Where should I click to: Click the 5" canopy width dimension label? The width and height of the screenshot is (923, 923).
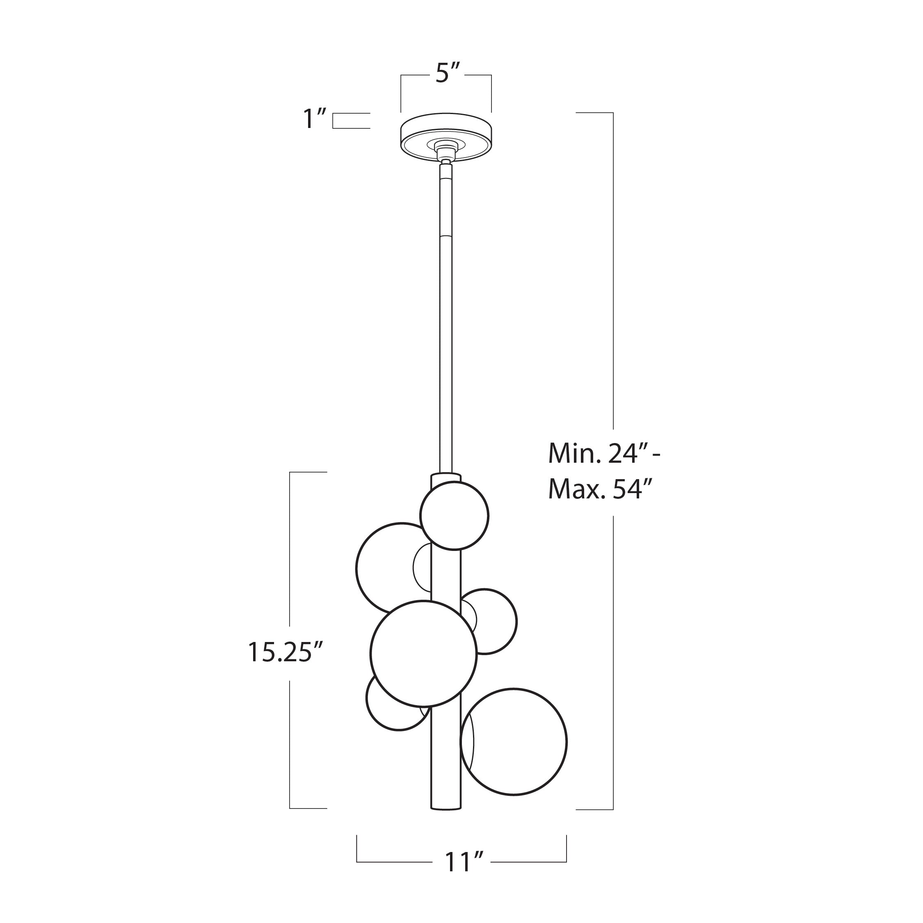click(x=447, y=75)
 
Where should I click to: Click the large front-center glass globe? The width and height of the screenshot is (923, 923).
click(x=423, y=653)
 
